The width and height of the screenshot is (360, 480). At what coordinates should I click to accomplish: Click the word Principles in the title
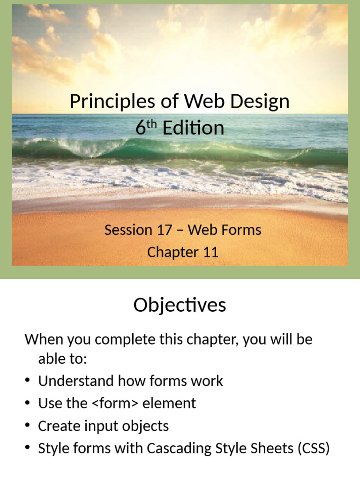112,101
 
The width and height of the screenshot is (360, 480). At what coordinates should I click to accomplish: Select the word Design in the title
260,102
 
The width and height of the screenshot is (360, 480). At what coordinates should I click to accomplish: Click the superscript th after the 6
151,124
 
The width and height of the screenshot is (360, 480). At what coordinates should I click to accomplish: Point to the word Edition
194,127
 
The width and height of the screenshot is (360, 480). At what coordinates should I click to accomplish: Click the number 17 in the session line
165,230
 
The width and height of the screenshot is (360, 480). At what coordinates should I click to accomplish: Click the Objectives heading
180,305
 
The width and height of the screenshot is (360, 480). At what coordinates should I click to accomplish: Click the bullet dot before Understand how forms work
28,381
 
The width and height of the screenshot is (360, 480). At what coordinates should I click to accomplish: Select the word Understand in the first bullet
76,381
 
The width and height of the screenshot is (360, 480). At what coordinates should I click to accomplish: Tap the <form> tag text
115,403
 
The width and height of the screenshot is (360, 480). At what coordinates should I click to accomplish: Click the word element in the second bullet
169,403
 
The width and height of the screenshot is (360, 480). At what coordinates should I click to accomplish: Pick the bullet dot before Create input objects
28,426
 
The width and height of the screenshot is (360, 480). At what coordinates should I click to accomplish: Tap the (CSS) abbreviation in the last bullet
314,449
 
